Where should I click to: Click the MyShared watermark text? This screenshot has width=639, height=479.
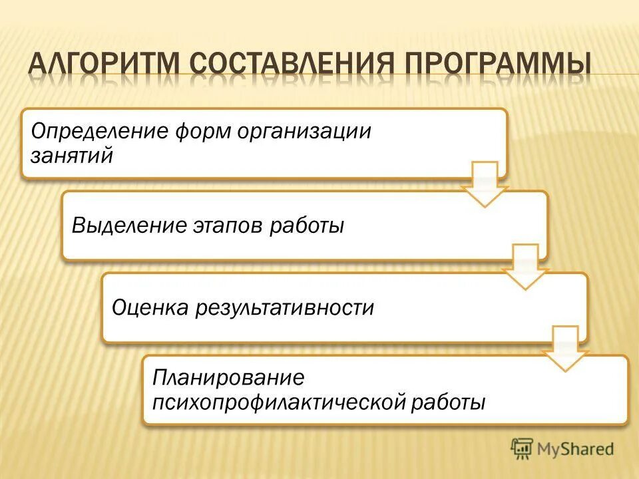point(576,449)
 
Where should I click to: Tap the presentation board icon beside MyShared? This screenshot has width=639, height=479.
point(523,449)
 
